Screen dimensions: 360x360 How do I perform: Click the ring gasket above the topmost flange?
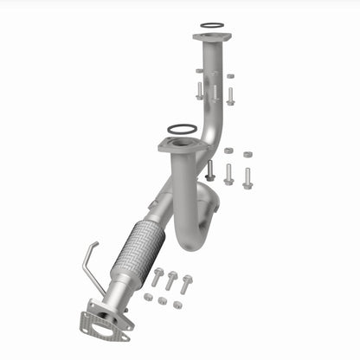click(210, 26)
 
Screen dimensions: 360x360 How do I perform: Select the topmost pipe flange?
click(210, 38)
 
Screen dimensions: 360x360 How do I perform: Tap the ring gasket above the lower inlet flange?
click(181, 129)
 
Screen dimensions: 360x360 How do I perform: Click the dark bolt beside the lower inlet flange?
click(209, 170)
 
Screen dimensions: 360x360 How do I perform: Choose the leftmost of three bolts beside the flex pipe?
click(157, 277)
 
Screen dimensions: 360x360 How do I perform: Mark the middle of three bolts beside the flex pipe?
click(171, 280)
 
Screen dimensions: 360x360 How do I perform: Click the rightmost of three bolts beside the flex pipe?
click(186, 282)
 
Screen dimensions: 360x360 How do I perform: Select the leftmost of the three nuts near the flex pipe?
click(148, 298)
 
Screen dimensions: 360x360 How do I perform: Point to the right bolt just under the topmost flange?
click(230, 94)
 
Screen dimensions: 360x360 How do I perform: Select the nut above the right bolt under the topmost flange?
click(230, 76)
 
